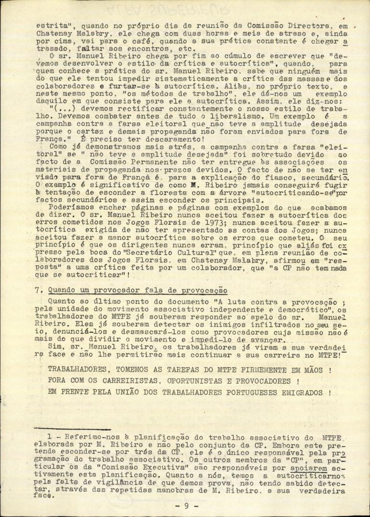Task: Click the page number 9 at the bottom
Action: (187, 506)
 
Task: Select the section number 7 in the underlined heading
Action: (51, 291)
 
